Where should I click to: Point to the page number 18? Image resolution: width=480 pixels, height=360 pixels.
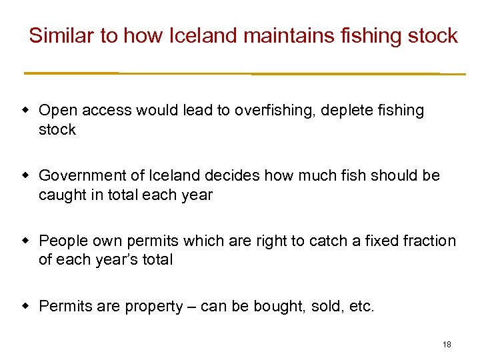tap(447, 345)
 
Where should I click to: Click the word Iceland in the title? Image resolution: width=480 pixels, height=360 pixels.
tap(201, 35)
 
